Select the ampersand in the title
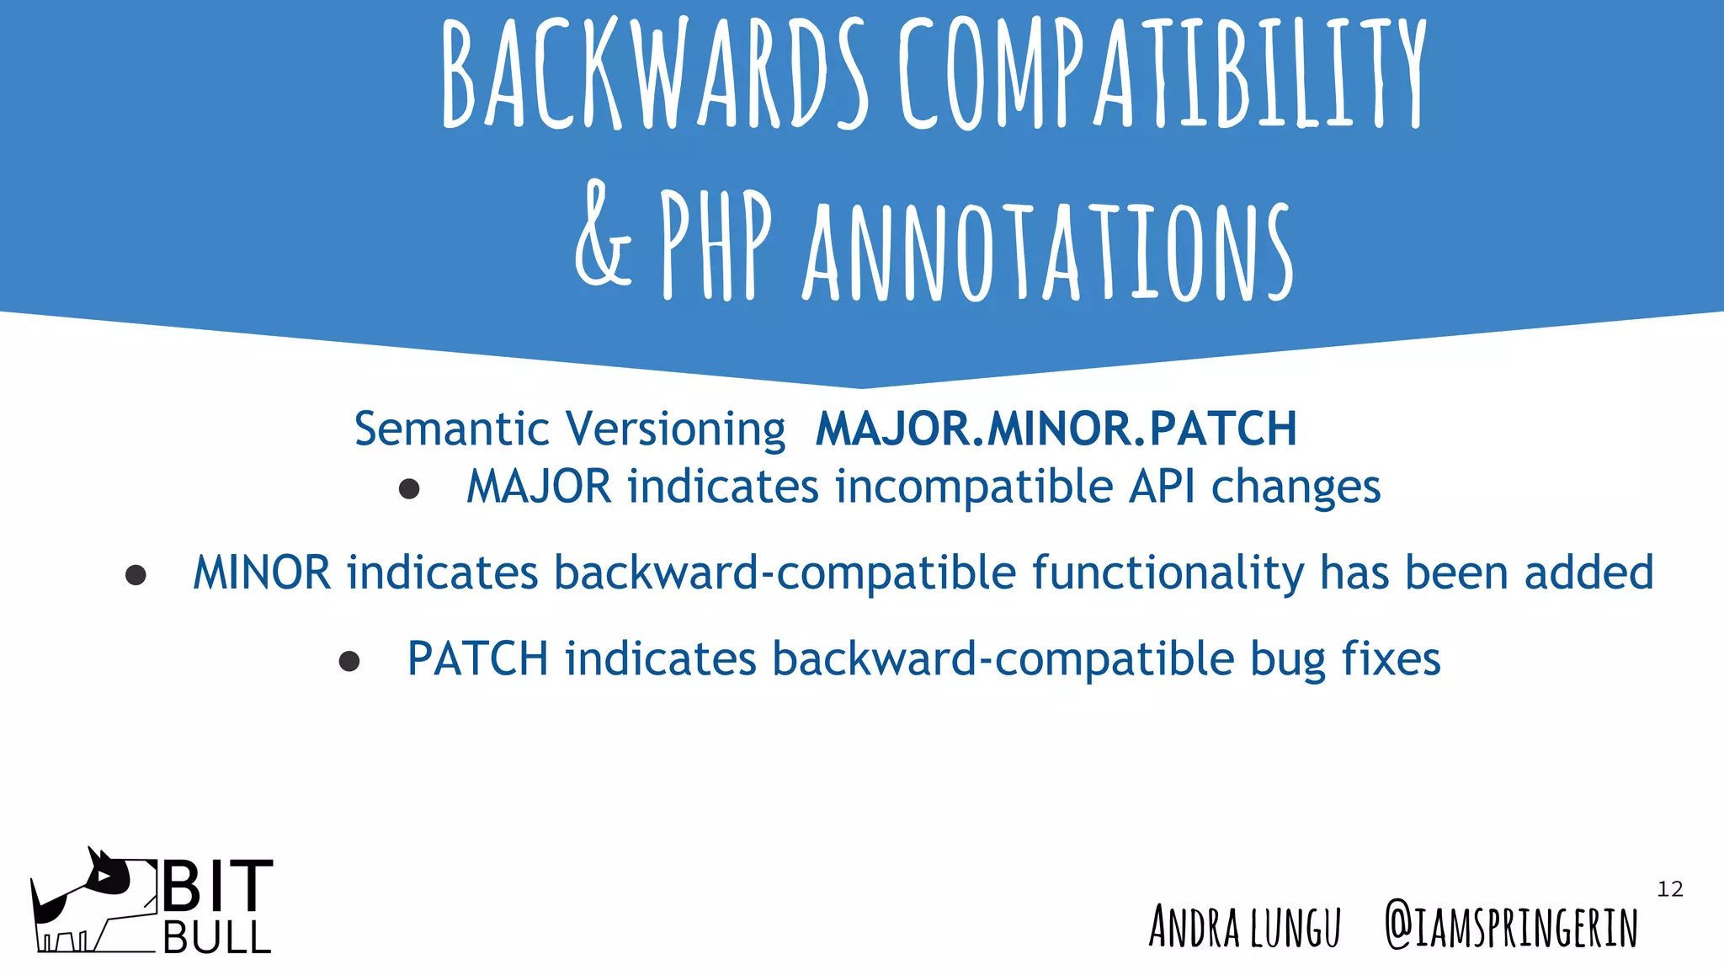pyautogui.click(x=603, y=236)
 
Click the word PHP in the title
pyautogui.click(x=716, y=244)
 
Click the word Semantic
pyautogui.click(x=451, y=429)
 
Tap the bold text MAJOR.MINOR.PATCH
pyautogui.click(x=1056, y=429)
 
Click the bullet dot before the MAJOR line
pyautogui.click(x=409, y=489)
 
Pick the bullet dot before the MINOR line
pyautogui.click(x=136, y=575)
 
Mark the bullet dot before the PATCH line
pyautogui.click(x=349, y=661)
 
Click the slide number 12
pyautogui.click(x=1669, y=889)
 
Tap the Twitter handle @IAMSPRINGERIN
pyautogui.click(x=1511, y=927)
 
